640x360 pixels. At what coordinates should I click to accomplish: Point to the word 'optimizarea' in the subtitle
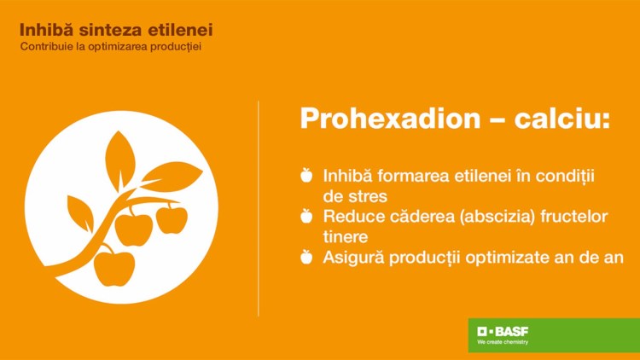coord(118,47)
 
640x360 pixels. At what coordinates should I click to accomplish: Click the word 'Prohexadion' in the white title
coord(391,119)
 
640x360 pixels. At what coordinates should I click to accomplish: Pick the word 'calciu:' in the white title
coord(561,119)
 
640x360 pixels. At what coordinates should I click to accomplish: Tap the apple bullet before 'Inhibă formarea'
coord(306,175)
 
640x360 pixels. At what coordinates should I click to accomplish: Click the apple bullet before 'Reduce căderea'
coord(306,216)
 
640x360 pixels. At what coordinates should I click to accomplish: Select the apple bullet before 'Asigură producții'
coord(306,257)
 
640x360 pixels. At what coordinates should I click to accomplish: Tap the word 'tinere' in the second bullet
coord(346,237)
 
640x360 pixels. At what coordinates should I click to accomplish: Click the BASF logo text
coord(503,331)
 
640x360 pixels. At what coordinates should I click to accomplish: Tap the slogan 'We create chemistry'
coord(503,342)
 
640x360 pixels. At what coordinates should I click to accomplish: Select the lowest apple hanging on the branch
coord(113,267)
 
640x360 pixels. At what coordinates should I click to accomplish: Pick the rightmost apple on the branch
coord(172,218)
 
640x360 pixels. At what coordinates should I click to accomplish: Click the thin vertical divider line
coord(259,208)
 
